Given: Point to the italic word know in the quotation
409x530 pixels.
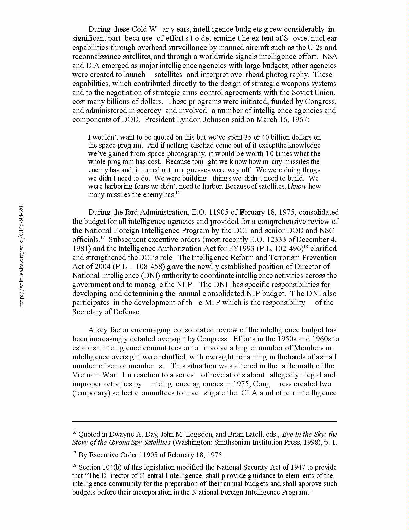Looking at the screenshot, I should (x=299, y=186).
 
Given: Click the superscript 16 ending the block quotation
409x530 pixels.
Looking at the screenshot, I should (x=178, y=193).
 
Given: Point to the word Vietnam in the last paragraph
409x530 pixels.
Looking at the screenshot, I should (x=84, y=375).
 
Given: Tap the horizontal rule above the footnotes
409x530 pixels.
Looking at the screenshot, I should (x=204, y=422).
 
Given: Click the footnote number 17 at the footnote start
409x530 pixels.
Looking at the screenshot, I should (x=74, y=454).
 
